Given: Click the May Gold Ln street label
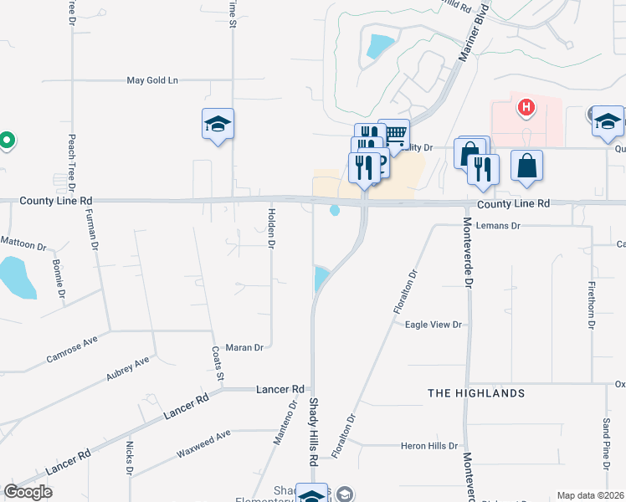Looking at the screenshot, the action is click(x=152, y=80).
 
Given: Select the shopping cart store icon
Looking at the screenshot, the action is click(x=393, y=133).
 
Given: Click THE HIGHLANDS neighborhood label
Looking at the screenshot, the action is click(x=476, y=393).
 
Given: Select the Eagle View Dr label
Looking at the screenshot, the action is click(x=434, y=325).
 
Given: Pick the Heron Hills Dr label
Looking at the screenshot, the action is click(x=430, y=447).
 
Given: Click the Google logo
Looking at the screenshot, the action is click(x=28, y=492).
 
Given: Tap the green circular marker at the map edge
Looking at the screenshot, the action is click(x=6, y=141).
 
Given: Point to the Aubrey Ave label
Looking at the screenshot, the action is click(x=127, y=370).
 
